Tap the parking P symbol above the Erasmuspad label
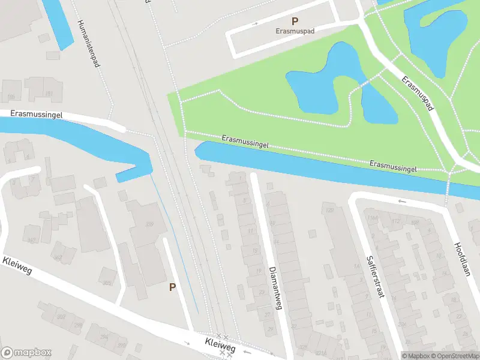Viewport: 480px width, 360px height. click(x=295, y=21)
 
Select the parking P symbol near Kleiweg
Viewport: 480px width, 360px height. click(x=172, y=287)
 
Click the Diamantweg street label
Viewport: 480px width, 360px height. click(x=275, y=288)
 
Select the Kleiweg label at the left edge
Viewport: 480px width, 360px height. click(x=17, y=268)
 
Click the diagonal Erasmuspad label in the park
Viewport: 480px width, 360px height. click(x=418, y=93)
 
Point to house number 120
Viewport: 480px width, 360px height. click(x=329, y=210)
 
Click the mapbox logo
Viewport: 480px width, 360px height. click(x=26, y=353)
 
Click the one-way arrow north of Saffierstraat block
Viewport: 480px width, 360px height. click(x=401, y=201)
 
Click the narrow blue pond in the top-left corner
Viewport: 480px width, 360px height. click(x=58, y=24)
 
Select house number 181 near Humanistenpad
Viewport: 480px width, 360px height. click(x=49, y=94)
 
